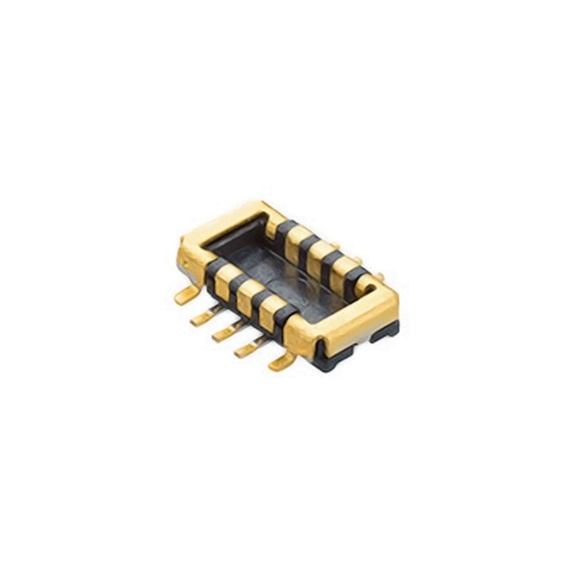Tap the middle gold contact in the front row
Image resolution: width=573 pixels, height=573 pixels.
pyautogui.click(x=247, y=294)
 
